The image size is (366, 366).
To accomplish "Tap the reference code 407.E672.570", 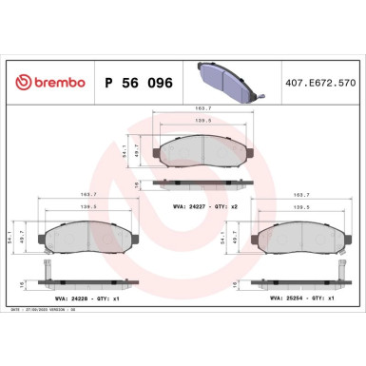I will click(x=320, y=83).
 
